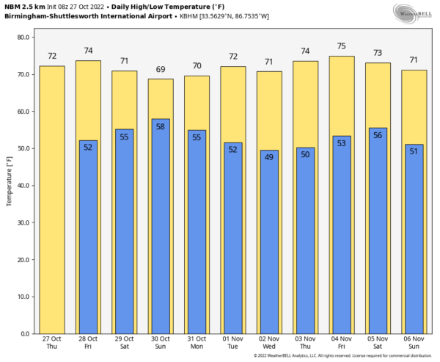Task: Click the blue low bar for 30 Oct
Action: pos(161,228)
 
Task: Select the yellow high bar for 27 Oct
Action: pos(51,198)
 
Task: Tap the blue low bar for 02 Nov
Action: pos(270,242)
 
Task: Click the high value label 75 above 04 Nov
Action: pos(342,46)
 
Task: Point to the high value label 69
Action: pos(161,70)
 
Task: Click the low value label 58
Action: pos(161,127)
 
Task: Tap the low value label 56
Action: pos(378,135)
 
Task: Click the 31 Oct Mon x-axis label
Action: pos(197,342)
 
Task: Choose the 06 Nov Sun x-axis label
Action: pos(414,342)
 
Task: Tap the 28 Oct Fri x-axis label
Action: pos(88,342)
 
